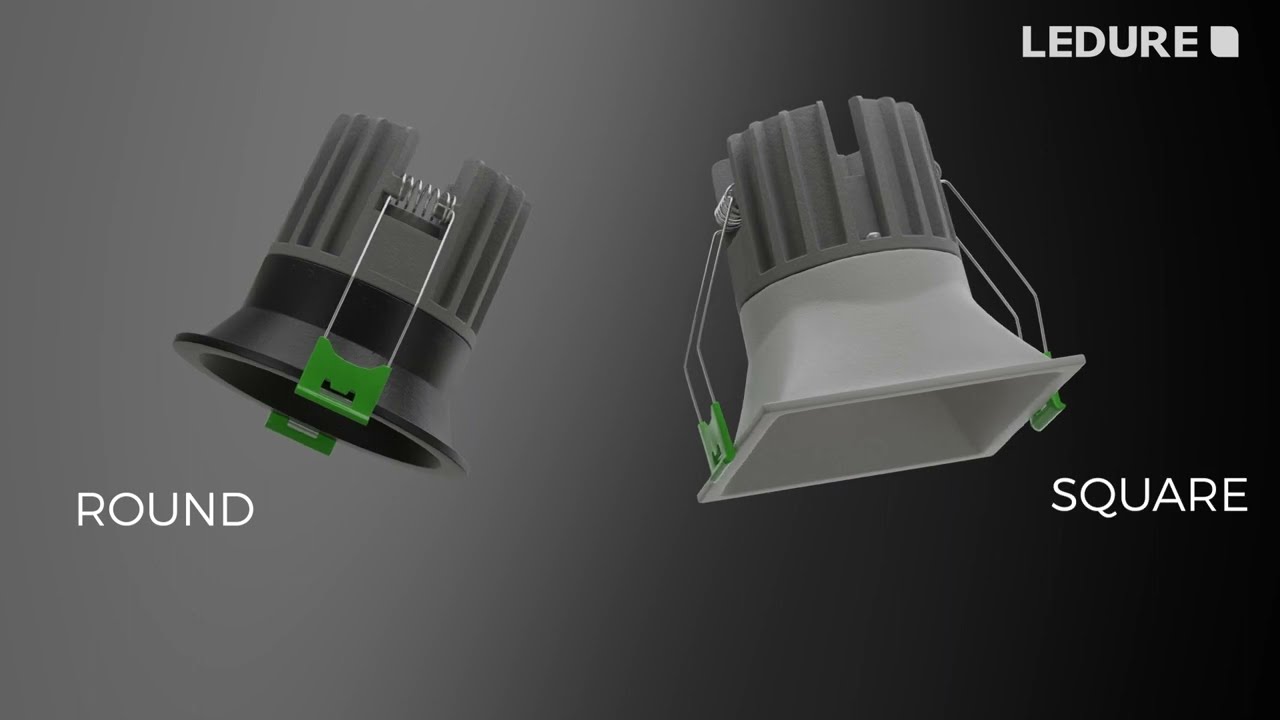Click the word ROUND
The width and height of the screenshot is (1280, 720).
tap(165, 509)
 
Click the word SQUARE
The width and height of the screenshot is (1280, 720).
tap(1149, 496)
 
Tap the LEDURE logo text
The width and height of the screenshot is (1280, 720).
tap(1109, 42)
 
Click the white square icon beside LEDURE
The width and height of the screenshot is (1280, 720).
tap(1224, 42)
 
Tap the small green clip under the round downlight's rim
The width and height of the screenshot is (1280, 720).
tap(300, 430)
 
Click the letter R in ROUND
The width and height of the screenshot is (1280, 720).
tap(89, 509)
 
